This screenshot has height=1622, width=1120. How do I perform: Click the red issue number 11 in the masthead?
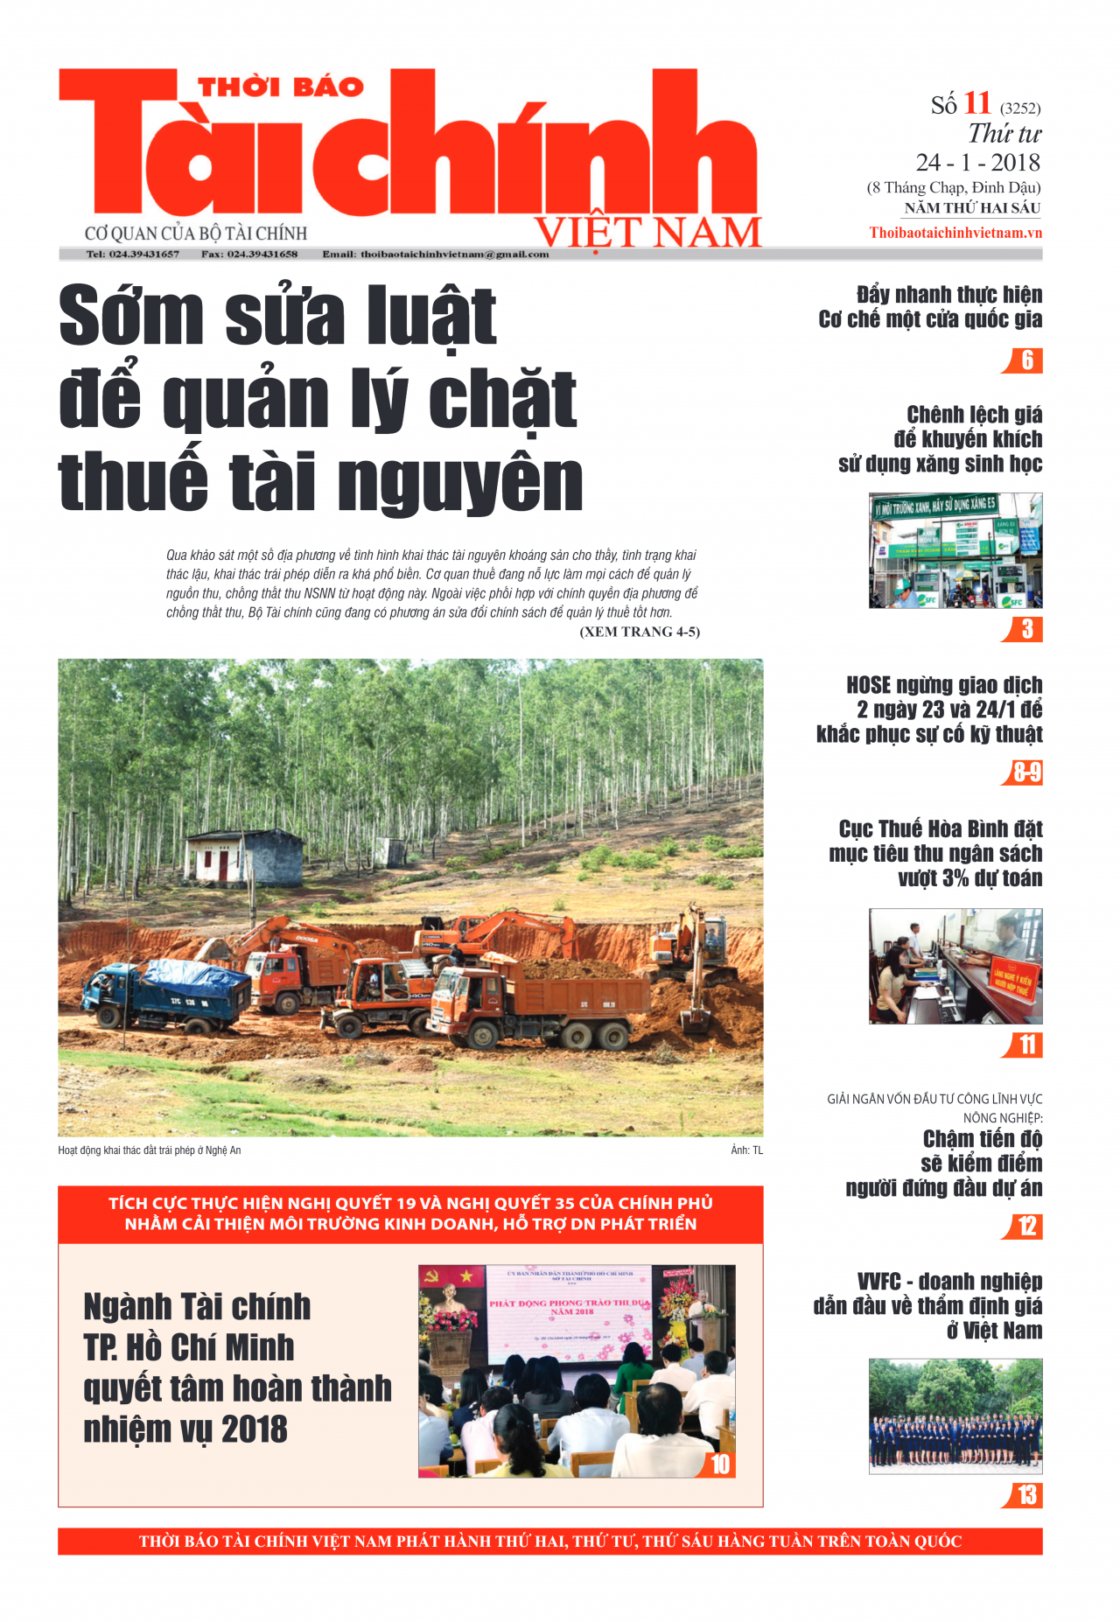point(976,103)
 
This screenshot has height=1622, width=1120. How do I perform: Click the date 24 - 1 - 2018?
point(977,163)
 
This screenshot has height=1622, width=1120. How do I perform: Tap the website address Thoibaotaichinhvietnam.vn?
point(955,233)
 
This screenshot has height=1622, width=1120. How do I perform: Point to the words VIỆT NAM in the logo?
point(647,233)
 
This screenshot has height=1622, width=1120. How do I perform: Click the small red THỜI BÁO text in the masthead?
point(280,87)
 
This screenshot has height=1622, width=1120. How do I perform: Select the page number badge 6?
point(1026,360)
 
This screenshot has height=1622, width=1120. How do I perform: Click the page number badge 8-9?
point(1026,773)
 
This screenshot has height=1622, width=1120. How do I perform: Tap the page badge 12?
point(1026,1227)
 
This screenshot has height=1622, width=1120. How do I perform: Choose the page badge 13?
point(1026,1495)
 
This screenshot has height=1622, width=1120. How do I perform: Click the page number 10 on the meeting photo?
point(719,1465)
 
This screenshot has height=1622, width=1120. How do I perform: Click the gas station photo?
point(955,550)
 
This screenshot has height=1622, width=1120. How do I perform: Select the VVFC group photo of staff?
point(955,1416)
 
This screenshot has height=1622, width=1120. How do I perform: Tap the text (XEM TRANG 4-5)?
point(639,632)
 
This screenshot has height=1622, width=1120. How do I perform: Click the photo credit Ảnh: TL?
point(746,1150)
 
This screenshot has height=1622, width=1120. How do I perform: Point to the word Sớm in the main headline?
point(131,315)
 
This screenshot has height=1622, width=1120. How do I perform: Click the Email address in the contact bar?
point(436,255)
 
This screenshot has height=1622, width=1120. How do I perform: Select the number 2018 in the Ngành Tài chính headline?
point(254,1430)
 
